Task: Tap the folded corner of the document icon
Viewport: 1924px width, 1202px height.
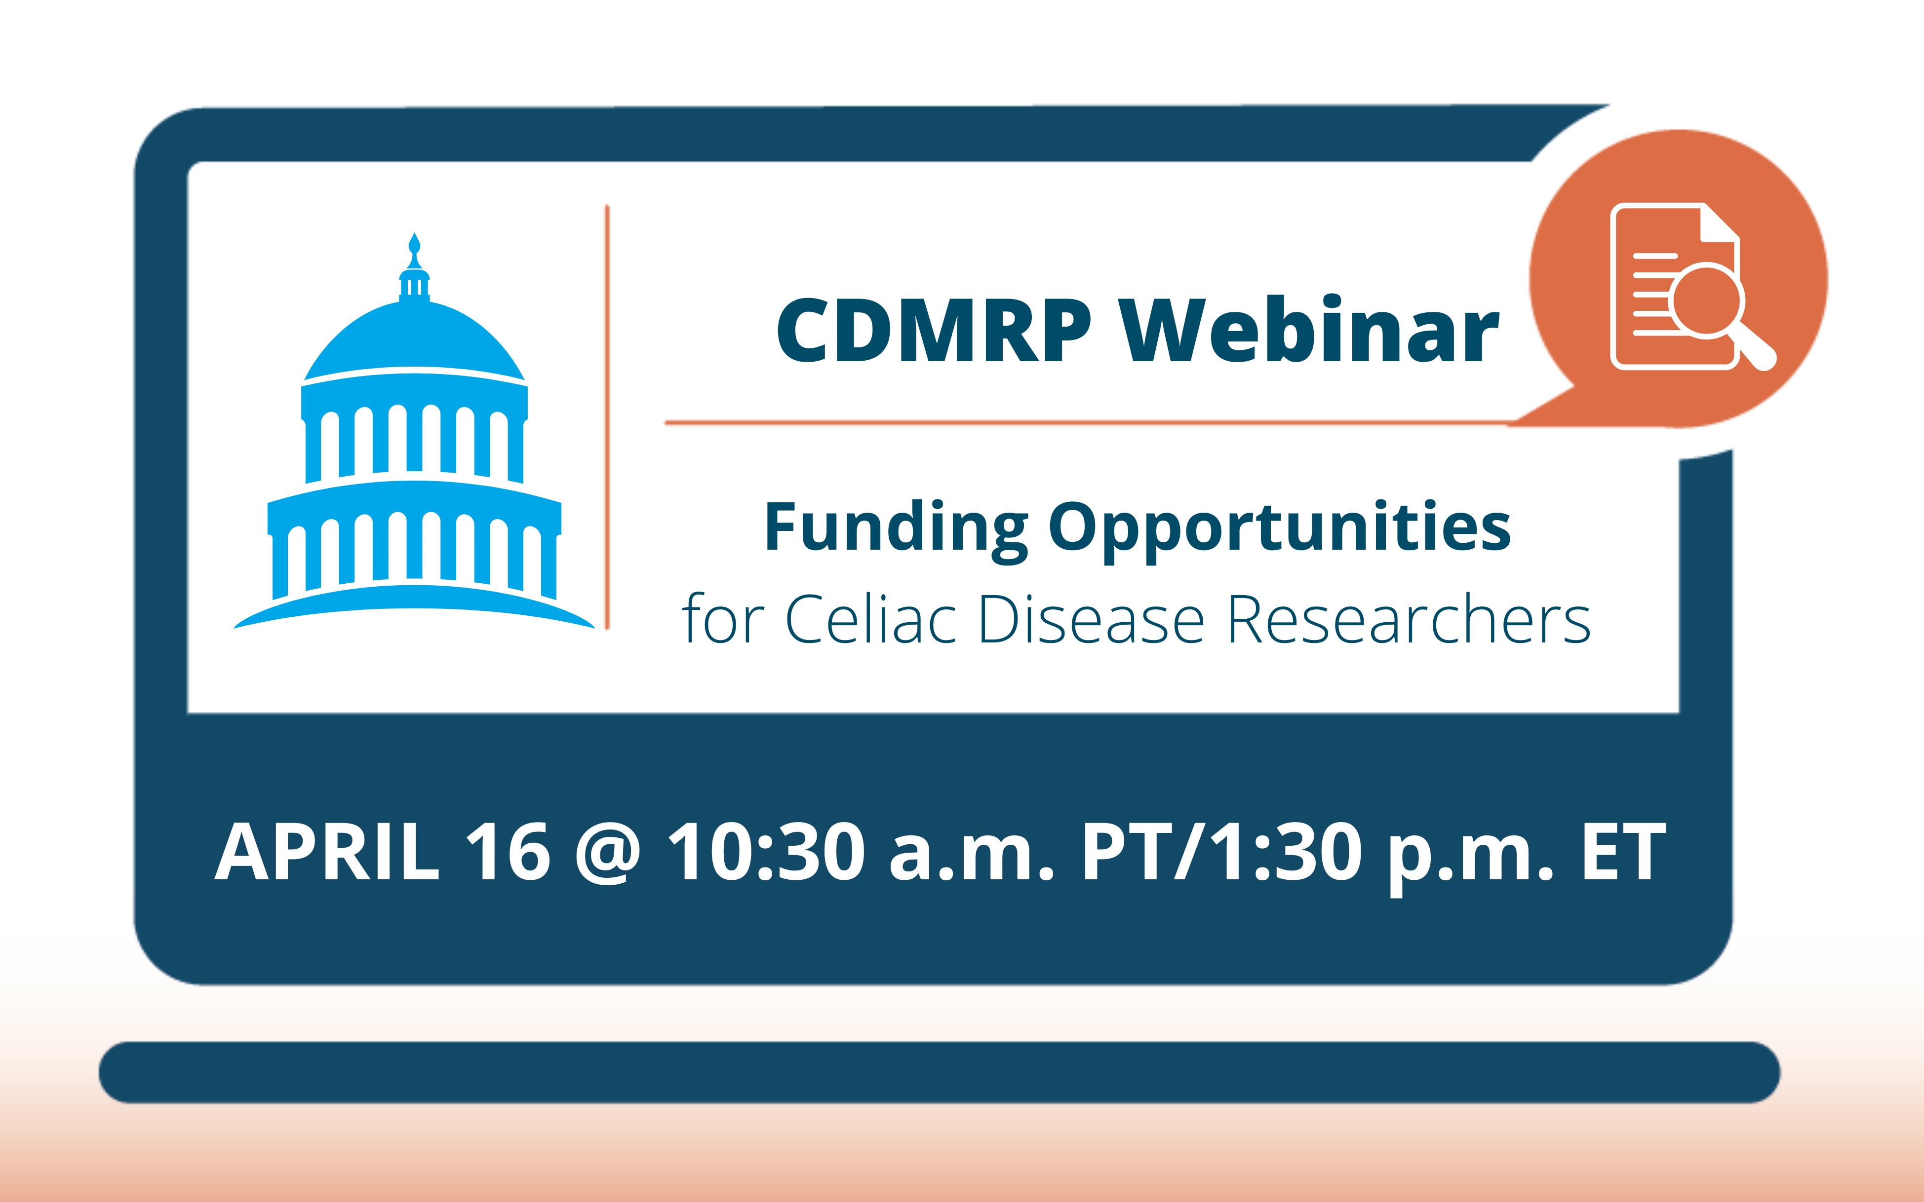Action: point(1720,222)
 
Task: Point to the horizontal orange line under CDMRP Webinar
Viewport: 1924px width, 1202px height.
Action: point(1090,423)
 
